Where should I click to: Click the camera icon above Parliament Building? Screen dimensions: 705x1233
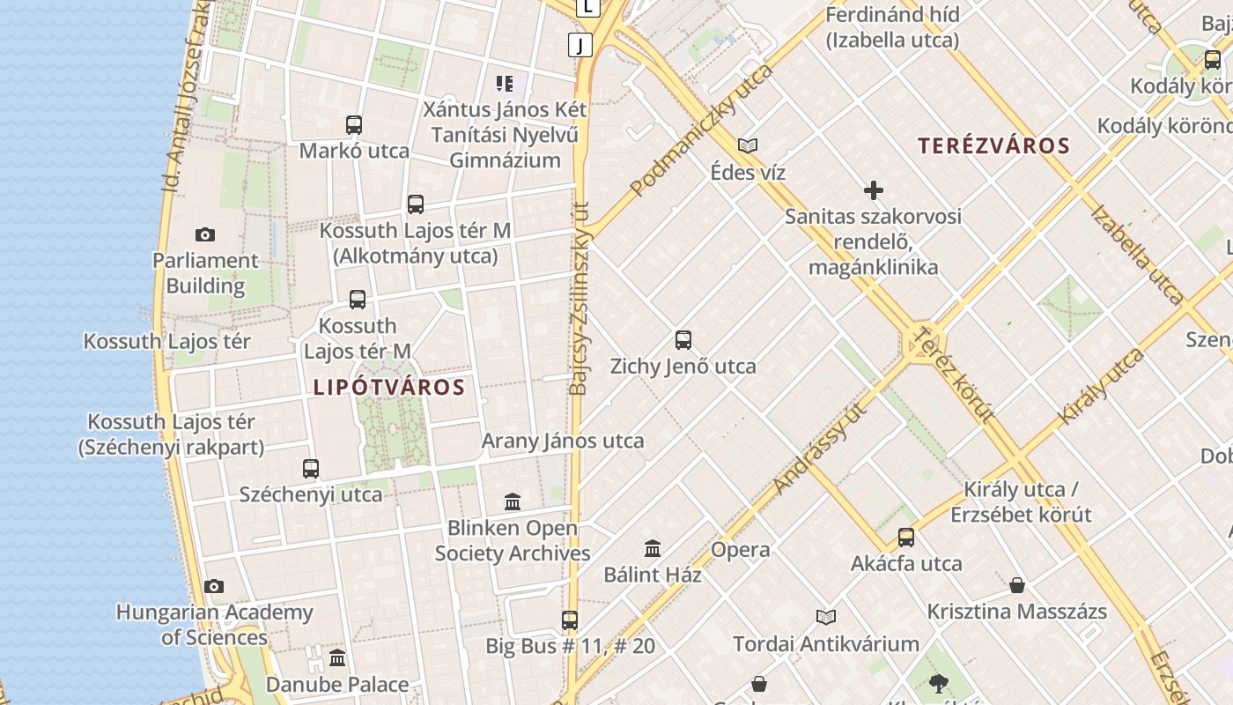(205, 234)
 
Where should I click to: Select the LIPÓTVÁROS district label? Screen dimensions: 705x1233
(388, 387)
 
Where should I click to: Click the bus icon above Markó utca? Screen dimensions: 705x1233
(354, 125)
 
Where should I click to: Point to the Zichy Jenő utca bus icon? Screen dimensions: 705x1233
(683, 340)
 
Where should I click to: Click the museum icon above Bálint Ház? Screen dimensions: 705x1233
(653, 548)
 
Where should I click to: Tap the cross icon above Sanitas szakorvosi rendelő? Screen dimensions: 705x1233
(874, 190)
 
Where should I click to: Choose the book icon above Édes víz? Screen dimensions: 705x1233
(748, 146)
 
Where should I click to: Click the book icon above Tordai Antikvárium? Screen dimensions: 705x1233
(825, 617)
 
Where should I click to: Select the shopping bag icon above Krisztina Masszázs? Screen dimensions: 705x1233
(1017, 585)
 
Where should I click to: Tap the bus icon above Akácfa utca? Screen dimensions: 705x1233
(906, 538)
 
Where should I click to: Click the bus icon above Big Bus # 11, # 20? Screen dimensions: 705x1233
(570, 620)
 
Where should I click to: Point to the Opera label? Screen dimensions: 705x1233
(740, 550)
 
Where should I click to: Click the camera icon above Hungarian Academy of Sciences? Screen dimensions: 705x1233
(214, 587)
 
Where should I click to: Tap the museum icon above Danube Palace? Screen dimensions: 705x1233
(337, 658)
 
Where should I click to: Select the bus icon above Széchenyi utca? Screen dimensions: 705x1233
(311, 469)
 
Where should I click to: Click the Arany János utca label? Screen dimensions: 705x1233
(563, 441)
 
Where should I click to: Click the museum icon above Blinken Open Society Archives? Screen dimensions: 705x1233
(513, 502)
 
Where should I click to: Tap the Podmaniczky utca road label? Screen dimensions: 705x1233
(701, 130)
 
